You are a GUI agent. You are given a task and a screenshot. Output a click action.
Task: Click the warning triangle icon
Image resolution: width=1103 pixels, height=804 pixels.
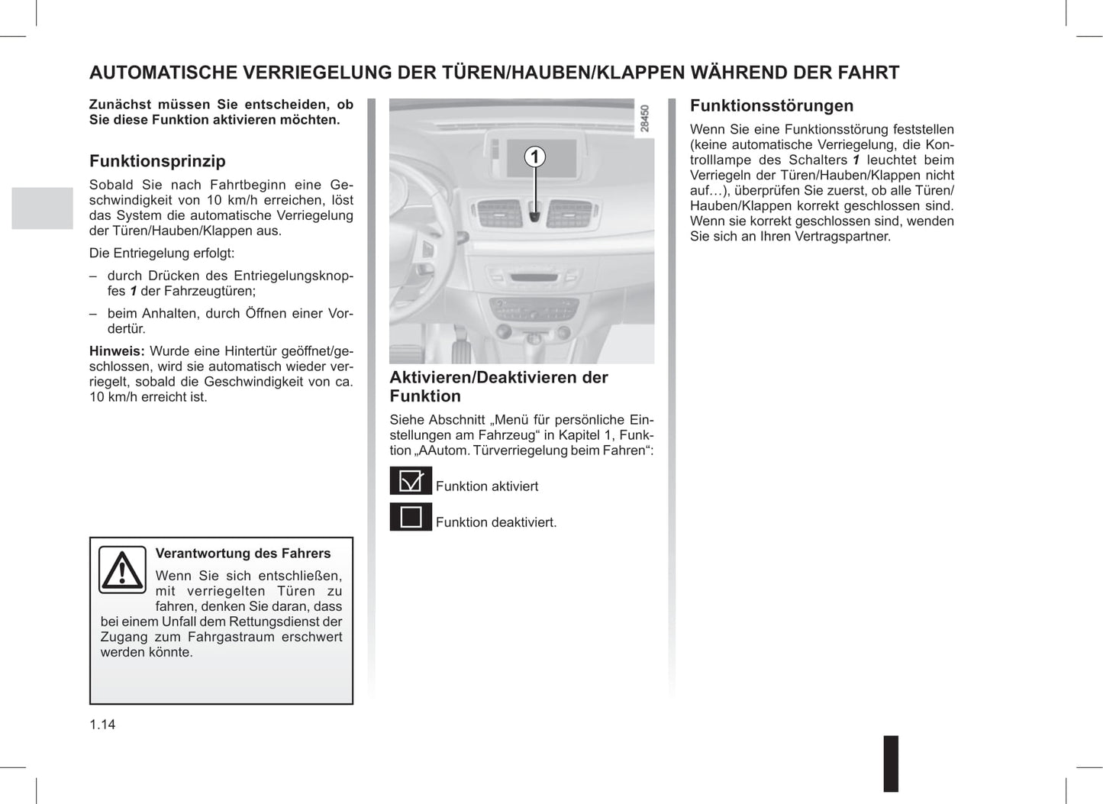(122, 570)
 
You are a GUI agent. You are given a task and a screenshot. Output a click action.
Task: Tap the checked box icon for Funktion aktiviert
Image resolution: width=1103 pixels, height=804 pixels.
(411, 481)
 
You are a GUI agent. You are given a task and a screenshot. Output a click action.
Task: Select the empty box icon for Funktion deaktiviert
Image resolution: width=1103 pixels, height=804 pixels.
(411, 517)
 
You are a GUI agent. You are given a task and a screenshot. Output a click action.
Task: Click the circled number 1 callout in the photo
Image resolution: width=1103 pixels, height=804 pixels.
(535, 157)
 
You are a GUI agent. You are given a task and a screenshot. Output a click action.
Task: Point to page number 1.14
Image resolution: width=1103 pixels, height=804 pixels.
(102, 725)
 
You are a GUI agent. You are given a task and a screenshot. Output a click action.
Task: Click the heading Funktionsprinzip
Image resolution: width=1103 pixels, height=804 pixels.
(157, 161)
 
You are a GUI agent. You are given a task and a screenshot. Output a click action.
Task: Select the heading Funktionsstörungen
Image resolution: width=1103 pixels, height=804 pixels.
(771, 106)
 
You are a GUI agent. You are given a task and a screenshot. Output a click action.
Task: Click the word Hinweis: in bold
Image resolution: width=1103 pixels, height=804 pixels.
(117, 351)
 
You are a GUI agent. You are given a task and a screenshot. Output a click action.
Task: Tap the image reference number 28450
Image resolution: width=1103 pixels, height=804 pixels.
(645, 119)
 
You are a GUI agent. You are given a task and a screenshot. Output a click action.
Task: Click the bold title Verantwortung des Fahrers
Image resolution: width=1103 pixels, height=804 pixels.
(243, 554)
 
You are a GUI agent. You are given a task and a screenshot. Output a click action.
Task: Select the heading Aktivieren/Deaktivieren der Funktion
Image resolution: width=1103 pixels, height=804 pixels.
(498, 386)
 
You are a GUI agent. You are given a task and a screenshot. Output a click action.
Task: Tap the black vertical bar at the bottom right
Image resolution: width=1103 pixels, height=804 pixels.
(891, 764)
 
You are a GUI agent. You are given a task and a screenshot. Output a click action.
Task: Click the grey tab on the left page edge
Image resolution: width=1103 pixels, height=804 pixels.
(42, 208)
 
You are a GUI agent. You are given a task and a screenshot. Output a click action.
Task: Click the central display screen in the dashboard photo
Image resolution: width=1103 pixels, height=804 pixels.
(538, 157)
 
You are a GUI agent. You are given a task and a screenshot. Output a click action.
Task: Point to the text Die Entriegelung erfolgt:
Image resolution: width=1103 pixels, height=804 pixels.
(162, 253)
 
